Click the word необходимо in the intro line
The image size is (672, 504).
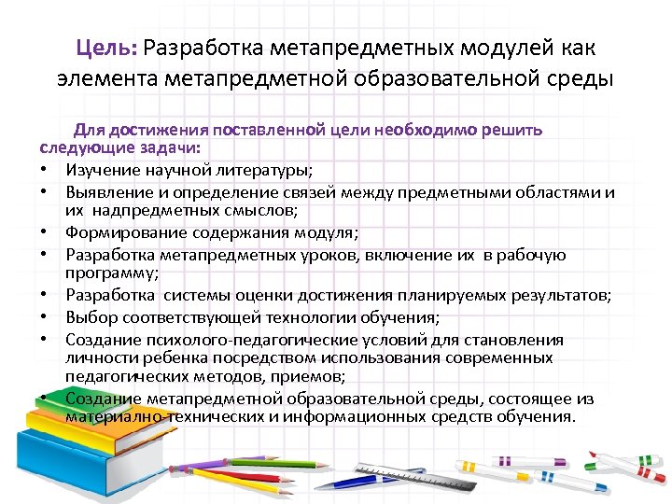tap(426, 131)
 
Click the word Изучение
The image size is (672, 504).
tap(105, 169)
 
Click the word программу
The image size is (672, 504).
tap(111, 273)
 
